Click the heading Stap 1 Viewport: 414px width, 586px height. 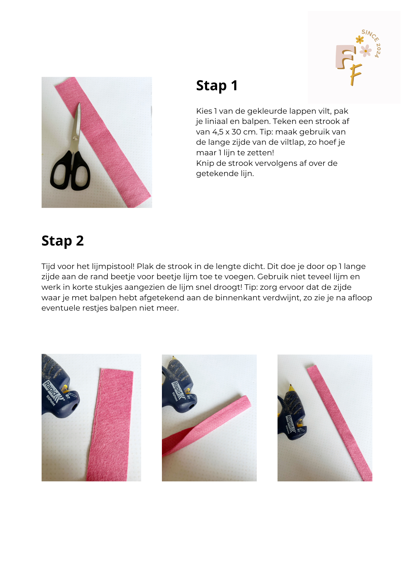[x=217, y=86]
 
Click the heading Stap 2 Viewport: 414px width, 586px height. [x=63, y=241]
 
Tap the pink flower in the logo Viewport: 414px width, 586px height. [x=365, y=51]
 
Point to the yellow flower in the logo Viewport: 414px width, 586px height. [x=359, y=39]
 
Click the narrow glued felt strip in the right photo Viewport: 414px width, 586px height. [x=340, y=422]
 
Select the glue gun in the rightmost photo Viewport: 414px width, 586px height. [x=291, y=413]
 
